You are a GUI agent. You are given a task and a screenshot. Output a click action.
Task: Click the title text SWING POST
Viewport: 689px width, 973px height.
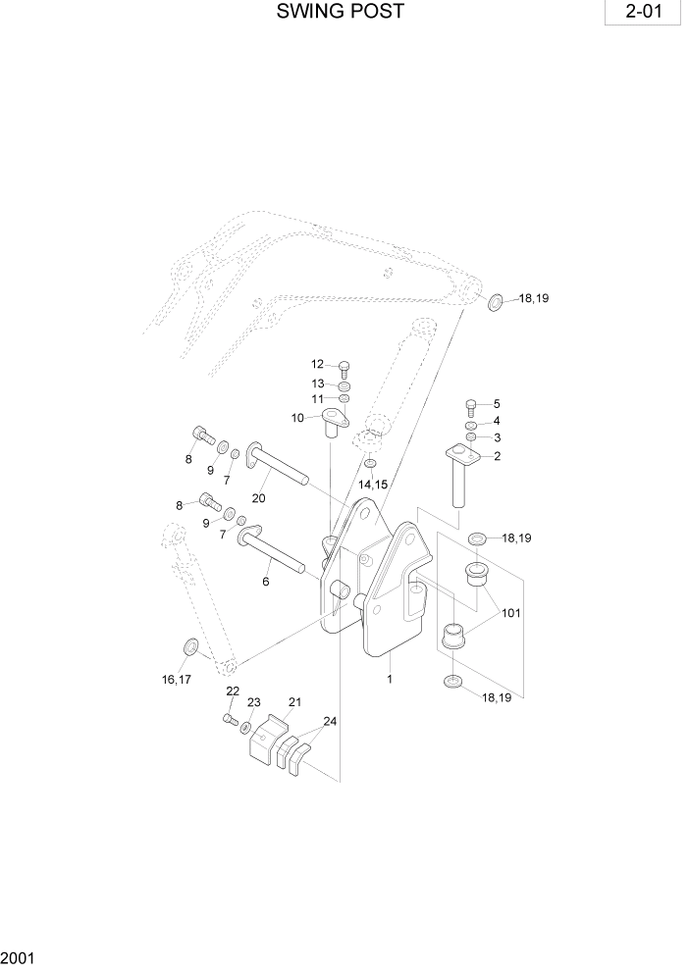pos(340,13)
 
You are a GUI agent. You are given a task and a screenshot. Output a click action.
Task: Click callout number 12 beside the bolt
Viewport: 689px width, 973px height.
pos(318,365)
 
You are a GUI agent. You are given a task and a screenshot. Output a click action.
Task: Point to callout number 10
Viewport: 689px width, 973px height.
pos(297,418)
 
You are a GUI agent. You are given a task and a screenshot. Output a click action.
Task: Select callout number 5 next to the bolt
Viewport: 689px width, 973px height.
pos(496,403)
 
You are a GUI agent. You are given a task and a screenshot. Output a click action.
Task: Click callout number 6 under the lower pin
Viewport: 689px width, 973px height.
pos(265,582)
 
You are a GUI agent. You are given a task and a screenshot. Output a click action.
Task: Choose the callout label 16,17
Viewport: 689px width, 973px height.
pos(178,679)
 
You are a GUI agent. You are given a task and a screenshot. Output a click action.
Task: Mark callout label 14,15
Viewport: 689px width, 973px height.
pos(372,485)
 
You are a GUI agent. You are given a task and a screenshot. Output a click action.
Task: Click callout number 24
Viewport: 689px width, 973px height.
pos(330,721)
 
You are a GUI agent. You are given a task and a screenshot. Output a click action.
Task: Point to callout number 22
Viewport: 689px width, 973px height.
pos(233,691)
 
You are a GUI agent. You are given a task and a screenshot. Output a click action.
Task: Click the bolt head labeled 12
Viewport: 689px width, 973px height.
pos(344,369)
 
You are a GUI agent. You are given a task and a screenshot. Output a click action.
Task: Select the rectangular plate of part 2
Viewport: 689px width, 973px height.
pos(459,454)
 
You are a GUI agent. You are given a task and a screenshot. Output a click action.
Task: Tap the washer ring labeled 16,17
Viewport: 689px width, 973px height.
pos(190,646)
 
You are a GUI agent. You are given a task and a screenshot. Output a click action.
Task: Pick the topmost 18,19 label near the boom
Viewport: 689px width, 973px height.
pos(533,298)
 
